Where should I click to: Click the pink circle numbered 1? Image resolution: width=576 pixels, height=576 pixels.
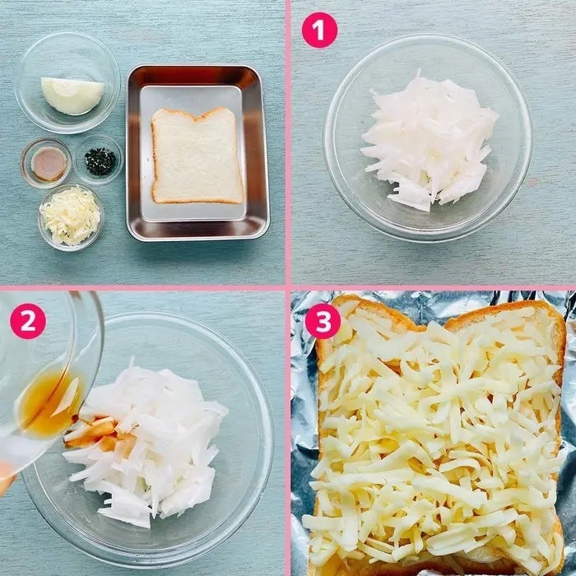pos(319,30)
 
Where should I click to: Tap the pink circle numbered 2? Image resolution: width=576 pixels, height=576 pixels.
pos(28,321)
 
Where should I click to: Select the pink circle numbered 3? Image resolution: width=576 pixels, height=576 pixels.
pos(323,321)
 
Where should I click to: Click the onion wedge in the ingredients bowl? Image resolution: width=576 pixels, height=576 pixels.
pos(72,95)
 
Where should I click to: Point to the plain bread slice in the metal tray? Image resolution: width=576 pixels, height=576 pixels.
pos(197,156)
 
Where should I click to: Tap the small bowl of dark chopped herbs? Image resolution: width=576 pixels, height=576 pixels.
pos(99,160)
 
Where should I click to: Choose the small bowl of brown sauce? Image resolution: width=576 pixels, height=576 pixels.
pos(46,163)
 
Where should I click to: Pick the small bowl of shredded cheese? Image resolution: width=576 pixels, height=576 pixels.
pos(71,217)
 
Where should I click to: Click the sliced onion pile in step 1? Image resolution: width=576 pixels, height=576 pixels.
pos(429,142)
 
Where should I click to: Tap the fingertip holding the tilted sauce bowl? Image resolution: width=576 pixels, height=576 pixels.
pos(7,476)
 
